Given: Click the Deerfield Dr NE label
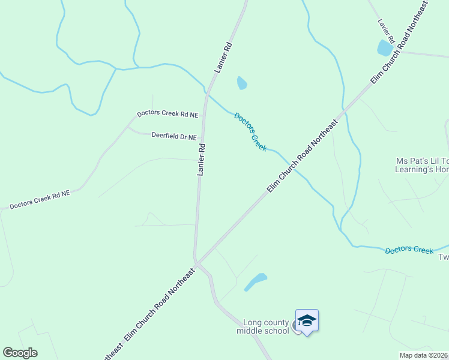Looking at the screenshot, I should click(174, 137).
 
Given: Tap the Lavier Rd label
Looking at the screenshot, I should click(385, 31).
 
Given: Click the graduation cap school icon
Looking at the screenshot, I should click(307, 321).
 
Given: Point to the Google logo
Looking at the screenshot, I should click(20, 353).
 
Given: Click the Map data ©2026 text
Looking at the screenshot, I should click(424, 355).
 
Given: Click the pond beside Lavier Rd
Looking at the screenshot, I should click(384, 47).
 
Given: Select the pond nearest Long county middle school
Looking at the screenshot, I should click(256, 281).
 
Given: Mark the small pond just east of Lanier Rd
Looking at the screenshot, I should click(242, 83).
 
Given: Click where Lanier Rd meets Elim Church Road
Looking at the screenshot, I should click(197, 263).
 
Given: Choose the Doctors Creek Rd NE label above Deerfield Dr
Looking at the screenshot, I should click(167, 113).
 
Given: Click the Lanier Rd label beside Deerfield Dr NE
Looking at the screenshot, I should click(202, 159).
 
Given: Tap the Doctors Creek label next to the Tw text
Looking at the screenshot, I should click(409, 250).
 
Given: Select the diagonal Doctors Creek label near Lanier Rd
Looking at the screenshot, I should click(250, 131).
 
